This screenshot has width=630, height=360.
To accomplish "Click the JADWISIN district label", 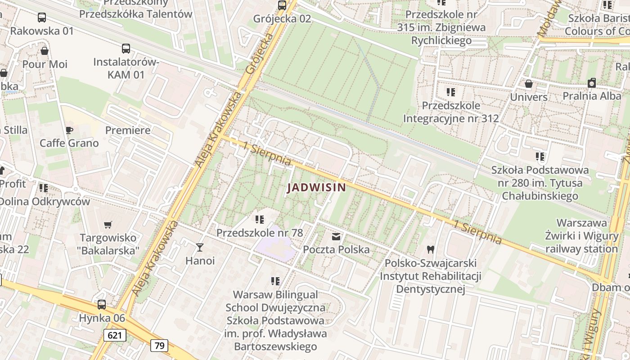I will tap(317, 188).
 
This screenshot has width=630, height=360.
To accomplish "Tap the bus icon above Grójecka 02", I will tap(282, 5).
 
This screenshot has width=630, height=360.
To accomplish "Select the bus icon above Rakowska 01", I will tap(42, 18).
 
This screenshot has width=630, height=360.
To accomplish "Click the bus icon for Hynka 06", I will tap(102, 305).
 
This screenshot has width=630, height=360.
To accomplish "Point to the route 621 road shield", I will tap(115, 335).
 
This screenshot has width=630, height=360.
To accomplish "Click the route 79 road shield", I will tap(159, 345).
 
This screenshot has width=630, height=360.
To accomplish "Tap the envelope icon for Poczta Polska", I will tap(336, 237).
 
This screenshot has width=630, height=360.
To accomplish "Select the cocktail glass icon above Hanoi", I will tap(200, 247).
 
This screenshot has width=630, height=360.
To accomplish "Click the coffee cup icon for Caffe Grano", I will tap(69, 130).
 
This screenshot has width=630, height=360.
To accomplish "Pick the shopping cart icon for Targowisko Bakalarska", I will tap(108, 225).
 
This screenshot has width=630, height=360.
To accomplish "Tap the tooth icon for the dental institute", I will tap(430, 249).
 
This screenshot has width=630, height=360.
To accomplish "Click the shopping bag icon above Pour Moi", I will tap(45, 51).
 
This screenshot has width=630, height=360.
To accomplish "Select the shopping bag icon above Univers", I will tap(529, 84).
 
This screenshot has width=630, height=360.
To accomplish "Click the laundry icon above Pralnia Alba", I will tap(592, 83).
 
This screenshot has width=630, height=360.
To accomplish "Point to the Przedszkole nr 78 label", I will tap(260, 233).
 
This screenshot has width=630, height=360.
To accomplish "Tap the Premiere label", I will tap(128, 130).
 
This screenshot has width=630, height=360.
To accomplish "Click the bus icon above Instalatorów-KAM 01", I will tap(126, 49).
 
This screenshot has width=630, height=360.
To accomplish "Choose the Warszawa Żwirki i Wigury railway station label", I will tap(581, 236).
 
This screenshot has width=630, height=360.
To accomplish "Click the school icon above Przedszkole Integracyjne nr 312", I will tap(451, 92).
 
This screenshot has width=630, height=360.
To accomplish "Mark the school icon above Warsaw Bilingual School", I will tap(275, 281).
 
